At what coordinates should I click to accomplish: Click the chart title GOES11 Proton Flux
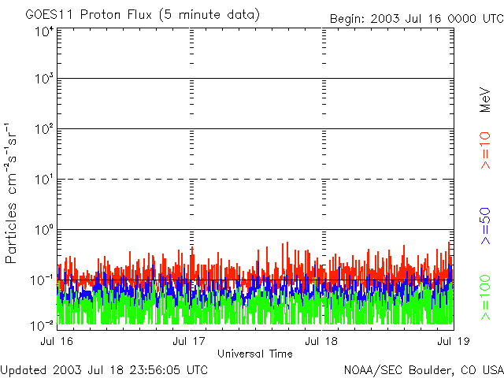click(x=142, y=15)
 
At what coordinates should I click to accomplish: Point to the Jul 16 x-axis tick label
click(x=57, y=341)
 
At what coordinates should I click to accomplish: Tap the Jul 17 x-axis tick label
click(x=189, y=341)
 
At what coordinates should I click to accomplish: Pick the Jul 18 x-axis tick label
click(x=321, y=341)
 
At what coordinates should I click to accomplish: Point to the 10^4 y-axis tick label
click(x=44, y=32)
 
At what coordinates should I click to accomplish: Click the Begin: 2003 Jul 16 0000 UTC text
click(x=415, y=17)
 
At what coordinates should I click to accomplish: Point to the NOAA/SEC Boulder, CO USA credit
click(x=423, y=369)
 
